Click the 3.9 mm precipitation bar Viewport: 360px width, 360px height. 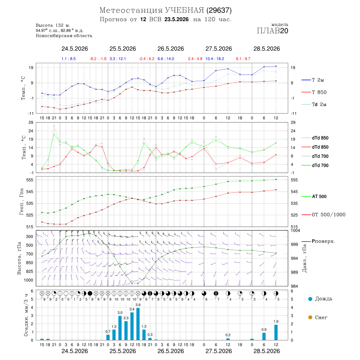138,324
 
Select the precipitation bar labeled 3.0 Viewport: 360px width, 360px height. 120,328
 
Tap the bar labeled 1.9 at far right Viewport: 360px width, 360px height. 276,332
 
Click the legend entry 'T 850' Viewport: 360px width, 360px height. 314,92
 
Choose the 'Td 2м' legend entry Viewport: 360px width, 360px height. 314,104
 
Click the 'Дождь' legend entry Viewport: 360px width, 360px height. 320,299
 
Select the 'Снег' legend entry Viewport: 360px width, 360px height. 318,317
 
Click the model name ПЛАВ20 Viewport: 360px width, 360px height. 272,31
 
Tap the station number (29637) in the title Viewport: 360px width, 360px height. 219,10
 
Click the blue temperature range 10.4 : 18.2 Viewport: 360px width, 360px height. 215,59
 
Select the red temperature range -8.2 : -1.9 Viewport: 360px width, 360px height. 98,59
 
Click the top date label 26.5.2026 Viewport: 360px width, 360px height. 170,49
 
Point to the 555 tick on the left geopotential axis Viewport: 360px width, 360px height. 30,180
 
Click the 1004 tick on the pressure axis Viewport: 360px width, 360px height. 295,230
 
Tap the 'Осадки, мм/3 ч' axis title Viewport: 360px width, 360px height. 26,315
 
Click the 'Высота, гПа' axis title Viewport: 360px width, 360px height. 19,258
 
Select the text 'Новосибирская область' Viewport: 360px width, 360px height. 64,36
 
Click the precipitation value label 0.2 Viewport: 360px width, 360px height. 228,335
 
